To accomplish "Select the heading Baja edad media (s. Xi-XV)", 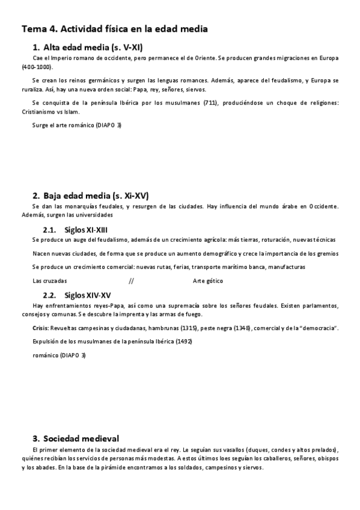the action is pos(96,195).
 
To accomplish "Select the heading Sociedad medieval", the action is pos(81,438).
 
